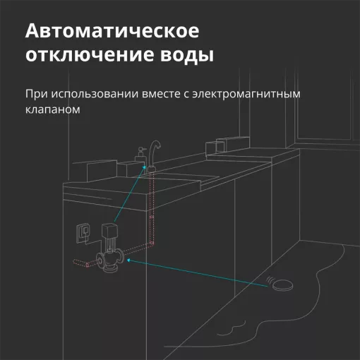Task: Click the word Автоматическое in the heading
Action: tap(112, 31)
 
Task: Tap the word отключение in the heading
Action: tap(89, 55)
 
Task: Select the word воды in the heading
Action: tap(187, 56)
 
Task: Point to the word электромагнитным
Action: tap(246, 95)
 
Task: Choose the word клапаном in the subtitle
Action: tap(53, 109)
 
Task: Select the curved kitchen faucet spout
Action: tap(154, 152)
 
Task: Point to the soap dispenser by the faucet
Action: tap(140, 155)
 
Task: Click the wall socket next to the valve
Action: tap(83, 232)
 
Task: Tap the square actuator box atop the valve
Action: tap(109, 229)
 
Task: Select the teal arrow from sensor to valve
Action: tap(197, 273)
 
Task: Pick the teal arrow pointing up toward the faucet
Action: tap(130, 193)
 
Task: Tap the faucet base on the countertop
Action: tap(150, 169)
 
